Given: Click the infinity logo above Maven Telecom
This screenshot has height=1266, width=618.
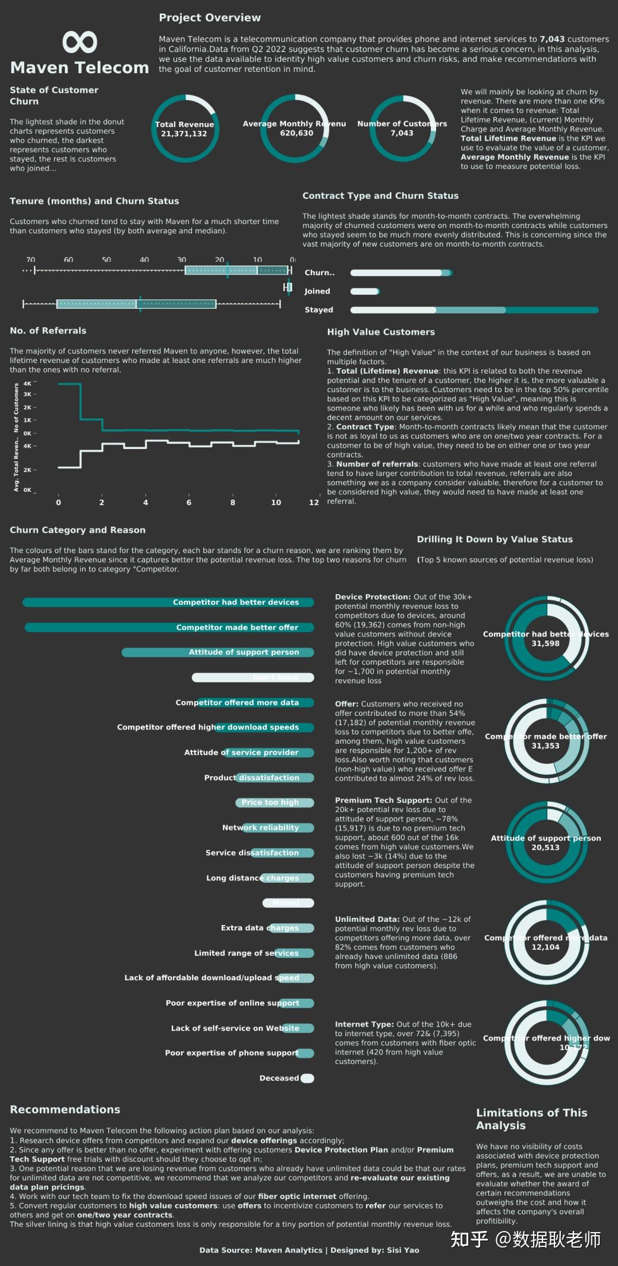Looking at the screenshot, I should pyautogui.click(x=80, y=42).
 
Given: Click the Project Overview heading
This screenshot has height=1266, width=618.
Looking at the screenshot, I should pyautogui.click(x=209, y=18).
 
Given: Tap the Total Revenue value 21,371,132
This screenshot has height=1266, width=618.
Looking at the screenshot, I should pyautogui.click(x=184, y=134).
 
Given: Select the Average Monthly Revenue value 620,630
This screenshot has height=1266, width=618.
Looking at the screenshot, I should pyautogui.click(x=297, y=133).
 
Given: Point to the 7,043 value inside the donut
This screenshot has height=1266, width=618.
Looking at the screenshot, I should pyautogui.click(x=402, y=133).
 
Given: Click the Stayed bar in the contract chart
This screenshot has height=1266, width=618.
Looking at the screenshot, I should pyautogui.click(x=474, y=310).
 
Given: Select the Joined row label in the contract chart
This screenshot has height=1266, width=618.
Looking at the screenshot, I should pyautogui.click(x=317, y=291).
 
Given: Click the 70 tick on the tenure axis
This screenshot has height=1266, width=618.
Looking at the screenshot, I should pyautogui.click(x=31, y=260).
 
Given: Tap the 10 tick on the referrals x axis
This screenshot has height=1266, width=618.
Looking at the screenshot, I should pyautogui.click(x=276, y=503).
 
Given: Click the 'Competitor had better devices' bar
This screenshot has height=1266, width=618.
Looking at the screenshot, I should pyautogui.click(x=168, y=602).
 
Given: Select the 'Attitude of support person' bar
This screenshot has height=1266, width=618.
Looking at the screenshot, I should pyautogui.click(x=217, y=652).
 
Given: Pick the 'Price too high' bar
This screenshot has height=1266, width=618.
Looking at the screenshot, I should pyautogui.click(x=274, y=803).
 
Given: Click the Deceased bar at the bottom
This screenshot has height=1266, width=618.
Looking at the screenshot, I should pyautogui.click(x=307, y=1078).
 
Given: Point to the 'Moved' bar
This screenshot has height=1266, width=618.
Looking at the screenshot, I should pyautogui.click(x=288, y=903).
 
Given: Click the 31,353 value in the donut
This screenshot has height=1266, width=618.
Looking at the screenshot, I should pyautogui.click(x=545, y=746).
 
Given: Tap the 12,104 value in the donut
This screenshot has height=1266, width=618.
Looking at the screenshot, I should pyautogui.click(x=545, y=947).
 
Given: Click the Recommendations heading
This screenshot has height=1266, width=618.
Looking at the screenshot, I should pyautogui.click(x=65, y=1109).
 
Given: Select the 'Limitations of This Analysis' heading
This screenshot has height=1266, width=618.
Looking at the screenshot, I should pyautogui.click(x=531, y=1119).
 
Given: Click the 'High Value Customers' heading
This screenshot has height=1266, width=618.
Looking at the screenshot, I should pyautogui.click(x=380, y=332).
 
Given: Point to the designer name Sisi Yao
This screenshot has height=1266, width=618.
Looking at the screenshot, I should pyautogui.click(x=402, y=1250).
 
